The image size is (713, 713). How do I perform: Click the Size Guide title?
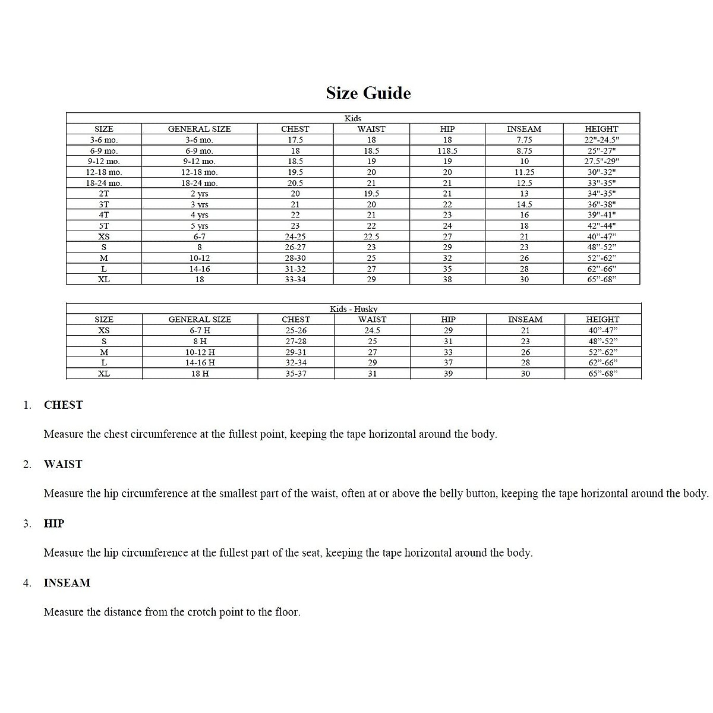[x=368, y=93]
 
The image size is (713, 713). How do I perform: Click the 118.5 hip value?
[x=447, y=151]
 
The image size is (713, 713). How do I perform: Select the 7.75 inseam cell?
[x=524, y=140]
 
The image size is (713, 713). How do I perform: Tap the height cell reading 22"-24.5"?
[x=601, y=140]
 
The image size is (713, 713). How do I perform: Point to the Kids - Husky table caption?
[x=354, y=309]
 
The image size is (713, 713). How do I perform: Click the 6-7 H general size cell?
[x=200, y=330]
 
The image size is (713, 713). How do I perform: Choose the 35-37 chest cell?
[x=295, y=374]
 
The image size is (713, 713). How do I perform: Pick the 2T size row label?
[x=104, y=194]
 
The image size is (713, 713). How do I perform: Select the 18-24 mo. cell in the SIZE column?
[x=104, y=183]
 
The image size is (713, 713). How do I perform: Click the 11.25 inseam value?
[x=524, y=172]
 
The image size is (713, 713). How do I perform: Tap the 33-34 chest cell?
[x=295, y=279]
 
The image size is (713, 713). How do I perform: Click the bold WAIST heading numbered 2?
[x=63, y=465]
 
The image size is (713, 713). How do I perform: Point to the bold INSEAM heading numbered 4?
[x=67, y=583]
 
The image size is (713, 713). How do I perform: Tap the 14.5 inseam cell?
[x=524, y=204]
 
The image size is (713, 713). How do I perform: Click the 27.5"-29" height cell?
[x=601, y=162]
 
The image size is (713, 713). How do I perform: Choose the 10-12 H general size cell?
[x=200, y=352]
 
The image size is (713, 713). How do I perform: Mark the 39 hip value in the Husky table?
[x=448, y=374]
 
